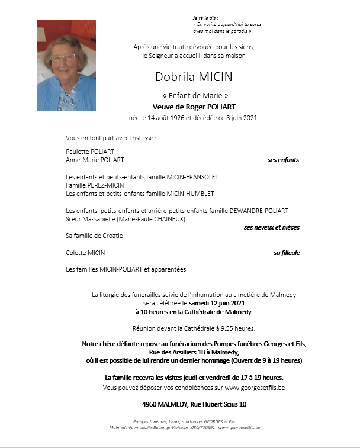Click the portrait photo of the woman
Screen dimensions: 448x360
coord(66,65)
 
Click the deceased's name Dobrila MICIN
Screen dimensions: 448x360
coord(194,77)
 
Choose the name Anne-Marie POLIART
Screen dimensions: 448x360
coord(95,160)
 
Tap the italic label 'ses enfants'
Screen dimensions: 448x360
coord(283,160)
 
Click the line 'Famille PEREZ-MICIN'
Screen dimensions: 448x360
coord(95,185)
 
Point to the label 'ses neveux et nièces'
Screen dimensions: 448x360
coord(271,227)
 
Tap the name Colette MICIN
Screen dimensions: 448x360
coord(86,253)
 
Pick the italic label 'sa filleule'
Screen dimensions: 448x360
coord(287,253)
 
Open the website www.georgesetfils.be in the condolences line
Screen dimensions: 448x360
coord(255,388)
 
